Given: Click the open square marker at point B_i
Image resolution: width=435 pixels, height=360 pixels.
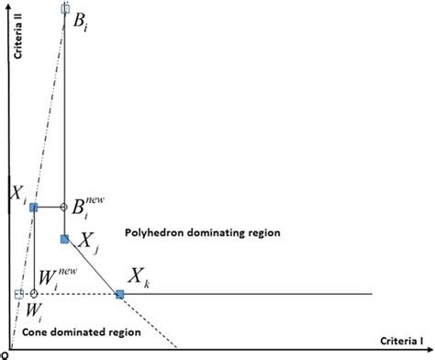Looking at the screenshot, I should [x=64, y=8].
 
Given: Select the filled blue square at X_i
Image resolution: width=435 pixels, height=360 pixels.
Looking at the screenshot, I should [x=34, y=208].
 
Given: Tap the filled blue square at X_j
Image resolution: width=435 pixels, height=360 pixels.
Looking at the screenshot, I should [x=64, y=239].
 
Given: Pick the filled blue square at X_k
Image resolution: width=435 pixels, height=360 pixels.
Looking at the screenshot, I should [x=119, y=294].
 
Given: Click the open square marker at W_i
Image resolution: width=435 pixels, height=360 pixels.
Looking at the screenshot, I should [x=19, y=294].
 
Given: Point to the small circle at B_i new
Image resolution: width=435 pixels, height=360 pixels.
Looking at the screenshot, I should [x=64, y=208].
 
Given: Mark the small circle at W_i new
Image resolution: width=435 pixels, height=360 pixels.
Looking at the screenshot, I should [x=34, y=294].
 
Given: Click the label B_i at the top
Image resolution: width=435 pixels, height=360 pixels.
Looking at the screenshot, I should [x=80, y=20].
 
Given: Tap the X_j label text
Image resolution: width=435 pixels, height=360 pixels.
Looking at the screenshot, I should [x=84, y=244].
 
